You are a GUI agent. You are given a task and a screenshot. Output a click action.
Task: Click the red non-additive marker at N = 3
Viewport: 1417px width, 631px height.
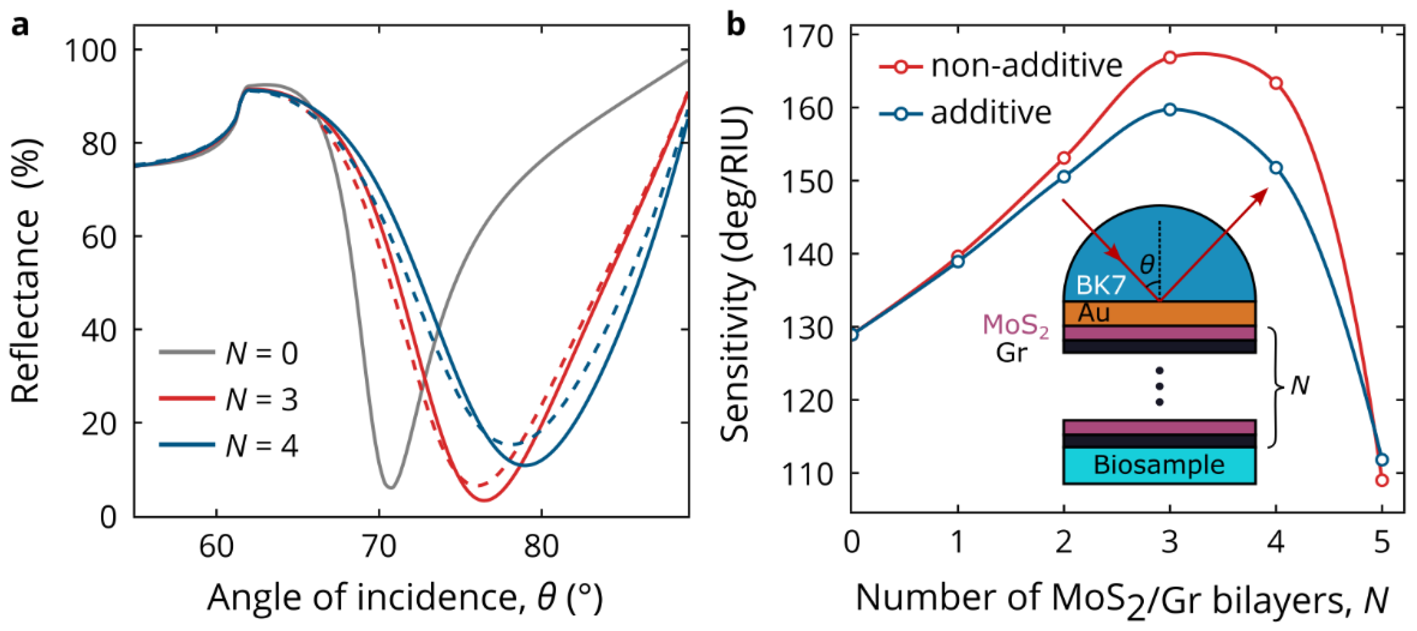(1170, 57)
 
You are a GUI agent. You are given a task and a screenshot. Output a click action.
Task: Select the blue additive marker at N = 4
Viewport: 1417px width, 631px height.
(1276, 168)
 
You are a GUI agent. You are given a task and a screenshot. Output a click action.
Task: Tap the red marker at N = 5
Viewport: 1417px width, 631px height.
(1382, 480)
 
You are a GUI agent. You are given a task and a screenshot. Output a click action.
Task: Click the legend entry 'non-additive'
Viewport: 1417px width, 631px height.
(1026, 66)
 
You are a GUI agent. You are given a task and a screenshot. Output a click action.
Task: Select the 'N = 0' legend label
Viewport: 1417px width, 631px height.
(261, 353)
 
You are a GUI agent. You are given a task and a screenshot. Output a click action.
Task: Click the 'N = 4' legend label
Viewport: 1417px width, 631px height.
(261, 446)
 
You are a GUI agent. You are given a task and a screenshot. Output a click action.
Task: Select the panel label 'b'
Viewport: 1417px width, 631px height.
(736, 25)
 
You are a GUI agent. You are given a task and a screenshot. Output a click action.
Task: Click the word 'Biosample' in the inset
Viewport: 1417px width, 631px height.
(1159, 465)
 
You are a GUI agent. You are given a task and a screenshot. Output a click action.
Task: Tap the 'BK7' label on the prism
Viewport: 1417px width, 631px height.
(1101, 285)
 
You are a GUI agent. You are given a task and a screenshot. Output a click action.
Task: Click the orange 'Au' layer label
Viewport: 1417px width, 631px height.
(1094, 313)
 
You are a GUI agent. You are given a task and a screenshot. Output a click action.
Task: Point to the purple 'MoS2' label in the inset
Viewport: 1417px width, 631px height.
(1015, 326)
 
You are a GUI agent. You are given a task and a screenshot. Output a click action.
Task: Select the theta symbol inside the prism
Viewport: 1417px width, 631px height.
(1147, 265)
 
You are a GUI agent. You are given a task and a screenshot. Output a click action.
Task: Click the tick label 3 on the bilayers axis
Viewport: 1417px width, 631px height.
(1170, 543)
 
